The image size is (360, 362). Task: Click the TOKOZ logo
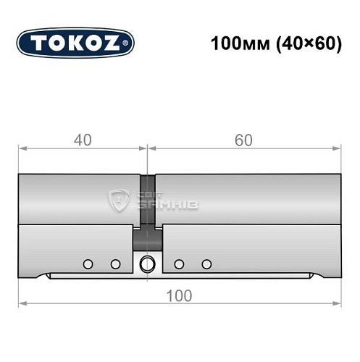coord(75,42)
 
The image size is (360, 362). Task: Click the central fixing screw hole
coord(147,264)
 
